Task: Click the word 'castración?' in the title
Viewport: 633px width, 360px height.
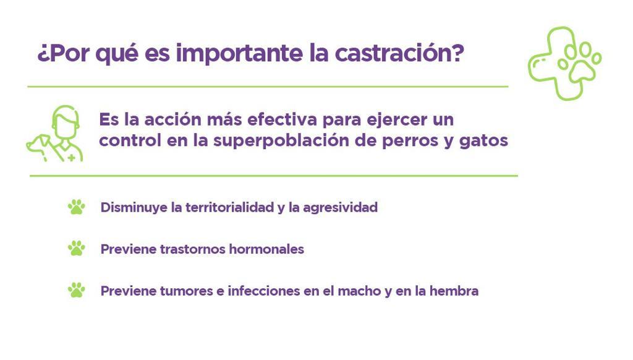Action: click(400, 53)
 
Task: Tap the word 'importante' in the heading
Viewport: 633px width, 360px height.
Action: click(239, 54)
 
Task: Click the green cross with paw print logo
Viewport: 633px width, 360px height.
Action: click(564, 63)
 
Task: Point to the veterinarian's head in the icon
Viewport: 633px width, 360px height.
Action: click(65, 122)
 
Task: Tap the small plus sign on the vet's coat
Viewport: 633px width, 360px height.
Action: click(72, 158)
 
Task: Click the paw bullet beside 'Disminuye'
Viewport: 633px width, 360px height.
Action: click(76, 207)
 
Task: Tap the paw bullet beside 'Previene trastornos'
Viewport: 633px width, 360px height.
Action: click(76, 249)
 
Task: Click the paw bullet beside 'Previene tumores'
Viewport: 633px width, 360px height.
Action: click(76, 290)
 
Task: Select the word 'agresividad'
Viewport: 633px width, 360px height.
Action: click(341, 208)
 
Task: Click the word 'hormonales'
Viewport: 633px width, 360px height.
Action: click(266, 249)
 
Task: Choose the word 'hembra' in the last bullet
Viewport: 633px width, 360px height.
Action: click(454, 291)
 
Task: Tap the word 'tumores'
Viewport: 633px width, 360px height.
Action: click(187, 291)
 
